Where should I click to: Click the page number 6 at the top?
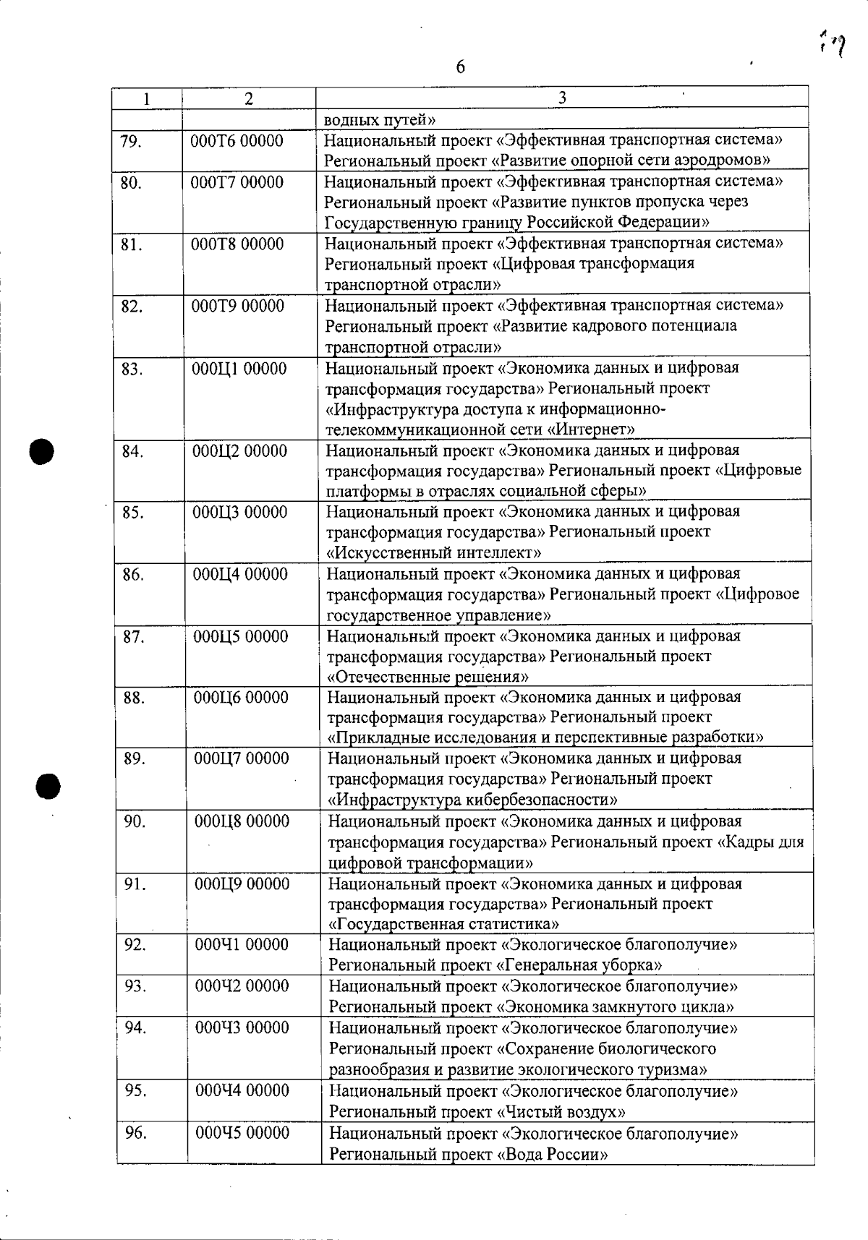tap(460, 68)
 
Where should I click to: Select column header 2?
tap(248, 99)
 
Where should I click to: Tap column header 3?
tap(562, 98)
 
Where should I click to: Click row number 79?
tap(130, 141)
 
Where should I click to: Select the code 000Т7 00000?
tap(237, 182)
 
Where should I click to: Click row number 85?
tap(133, 513)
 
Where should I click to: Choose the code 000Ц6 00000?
tap(241, 698)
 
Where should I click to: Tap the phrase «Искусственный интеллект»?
tap(435, 553)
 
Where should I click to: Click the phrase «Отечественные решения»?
tap(428, 677)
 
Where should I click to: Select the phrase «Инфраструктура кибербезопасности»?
tap(473, 800)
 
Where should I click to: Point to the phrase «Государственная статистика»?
tap(443, 924)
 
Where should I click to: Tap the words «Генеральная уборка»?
tap(579, 965)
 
